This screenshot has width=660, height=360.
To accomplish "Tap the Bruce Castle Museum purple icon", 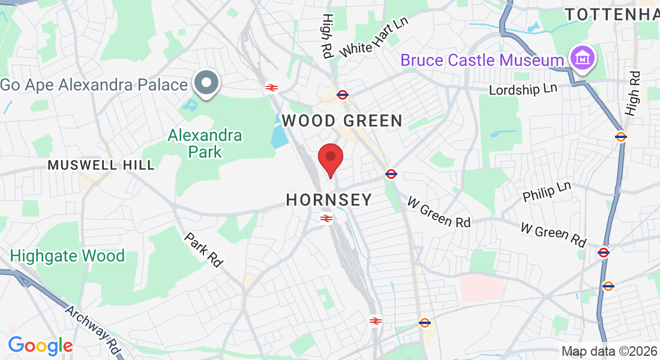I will (582, 59).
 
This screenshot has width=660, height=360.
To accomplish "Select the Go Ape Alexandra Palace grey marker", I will (207, 83).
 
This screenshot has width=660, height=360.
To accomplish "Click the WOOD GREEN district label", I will (342, 121).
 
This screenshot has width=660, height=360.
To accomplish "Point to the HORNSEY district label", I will (329, 200).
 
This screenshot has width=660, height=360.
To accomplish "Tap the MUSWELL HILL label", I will (101, 164).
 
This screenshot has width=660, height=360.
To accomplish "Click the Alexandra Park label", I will (205, 143).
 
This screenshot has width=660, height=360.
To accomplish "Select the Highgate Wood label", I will (67, 256).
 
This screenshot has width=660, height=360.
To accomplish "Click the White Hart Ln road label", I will (373, 38).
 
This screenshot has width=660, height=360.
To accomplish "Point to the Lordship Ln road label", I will (523, 89).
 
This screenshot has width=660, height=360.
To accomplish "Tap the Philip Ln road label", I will (547, 191).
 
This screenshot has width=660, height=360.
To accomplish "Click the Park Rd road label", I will (203, 250).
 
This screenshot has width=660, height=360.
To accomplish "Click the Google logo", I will (40, 345).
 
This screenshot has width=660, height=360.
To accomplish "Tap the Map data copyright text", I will (609, 351).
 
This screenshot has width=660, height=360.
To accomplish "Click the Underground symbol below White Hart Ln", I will (343, 94).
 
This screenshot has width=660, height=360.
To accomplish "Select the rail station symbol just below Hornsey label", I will (326, 218).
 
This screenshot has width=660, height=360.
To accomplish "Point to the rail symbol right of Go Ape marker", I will (271, 88).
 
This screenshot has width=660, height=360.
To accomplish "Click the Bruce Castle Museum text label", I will (482, 60).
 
